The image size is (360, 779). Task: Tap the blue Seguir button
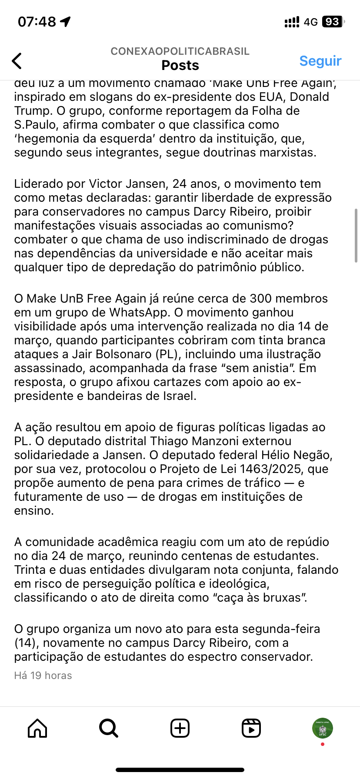[x=320, y=61]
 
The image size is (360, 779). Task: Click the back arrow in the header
[x=17, y=61]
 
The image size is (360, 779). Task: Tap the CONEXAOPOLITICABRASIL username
[x=180, y=51]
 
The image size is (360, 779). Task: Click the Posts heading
[x=180, y=65]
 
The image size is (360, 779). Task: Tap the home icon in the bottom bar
[x=37, y=728]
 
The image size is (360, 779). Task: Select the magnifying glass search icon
[x=108, y=728]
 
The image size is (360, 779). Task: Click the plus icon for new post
[x=180, y=728]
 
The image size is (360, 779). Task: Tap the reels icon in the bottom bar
[x=251, y=728]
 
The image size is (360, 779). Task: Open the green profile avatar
[x=322, y=728]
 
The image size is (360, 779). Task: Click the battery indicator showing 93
[x=333, y=22]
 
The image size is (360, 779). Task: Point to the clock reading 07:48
[x=37, y=22]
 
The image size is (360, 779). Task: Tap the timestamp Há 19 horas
[x=43, y=676]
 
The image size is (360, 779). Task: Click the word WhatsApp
[x=139, y=313]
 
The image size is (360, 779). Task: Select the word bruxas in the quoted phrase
[x=281, y=598]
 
